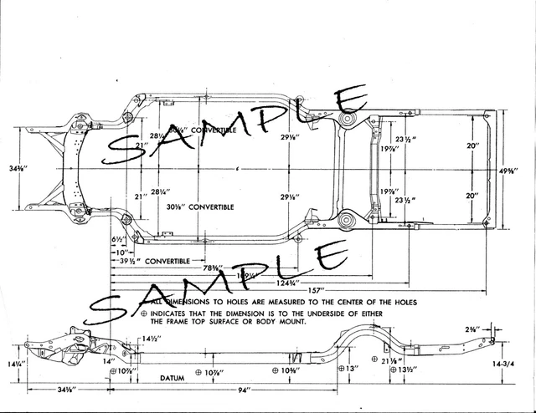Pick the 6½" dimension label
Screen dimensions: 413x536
coord(118,239)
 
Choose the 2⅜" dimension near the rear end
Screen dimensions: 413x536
coord(474,329)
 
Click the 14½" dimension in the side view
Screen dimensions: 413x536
coord(152,338)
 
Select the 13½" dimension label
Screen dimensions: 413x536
coord(408,370)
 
